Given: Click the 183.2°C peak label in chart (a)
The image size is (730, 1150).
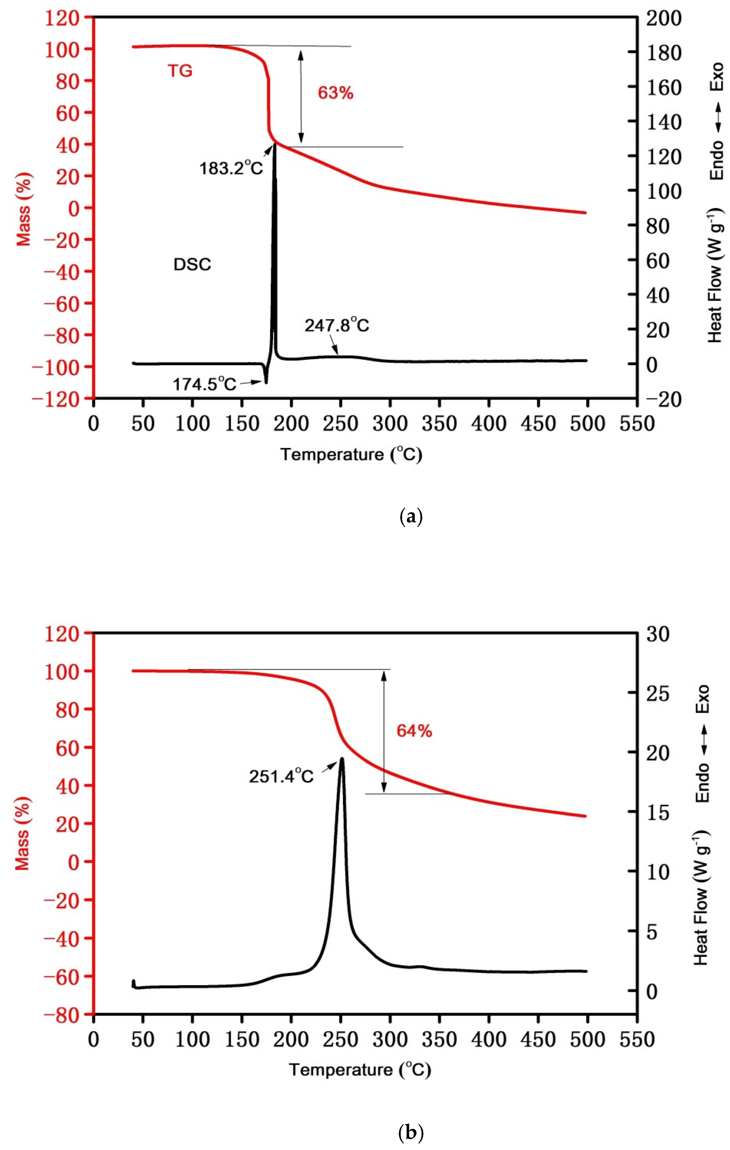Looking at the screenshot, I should point(231,168).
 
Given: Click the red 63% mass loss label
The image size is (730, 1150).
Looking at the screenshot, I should point(335,93).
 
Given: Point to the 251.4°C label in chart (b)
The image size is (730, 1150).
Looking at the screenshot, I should point(281,776).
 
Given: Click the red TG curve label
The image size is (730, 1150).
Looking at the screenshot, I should point(180,71).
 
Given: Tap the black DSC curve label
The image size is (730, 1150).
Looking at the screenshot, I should point(192,265).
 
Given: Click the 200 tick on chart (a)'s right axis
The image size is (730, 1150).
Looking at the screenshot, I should point(664,18).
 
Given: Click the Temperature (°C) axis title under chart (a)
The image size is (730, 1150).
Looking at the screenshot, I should point(351,454).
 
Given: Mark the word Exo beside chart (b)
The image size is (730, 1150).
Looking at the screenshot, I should point(701,699).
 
